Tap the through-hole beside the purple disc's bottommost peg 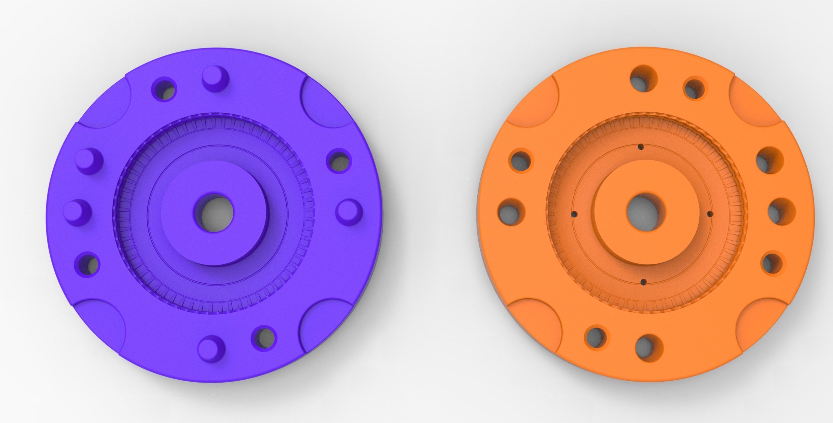click(264, 337)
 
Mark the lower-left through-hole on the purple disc click(87, 264)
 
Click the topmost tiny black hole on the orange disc click(641, 147)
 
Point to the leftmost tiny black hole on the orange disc click(574, 214)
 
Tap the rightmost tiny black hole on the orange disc click(710, 214)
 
